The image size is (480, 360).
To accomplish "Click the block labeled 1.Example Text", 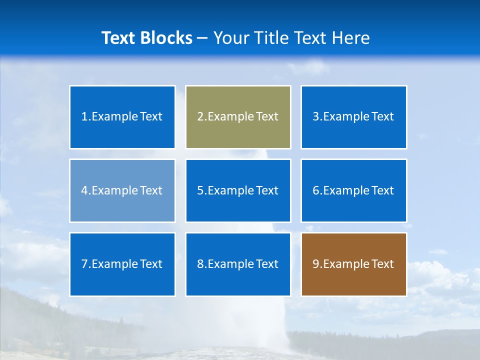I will tap(122, 117).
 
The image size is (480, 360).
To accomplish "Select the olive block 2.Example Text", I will tap(238, 117).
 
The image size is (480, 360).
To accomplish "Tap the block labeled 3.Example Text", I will tap(353, 117).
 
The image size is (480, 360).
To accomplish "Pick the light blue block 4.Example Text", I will tap(122, 190).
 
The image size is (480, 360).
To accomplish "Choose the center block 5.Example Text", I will tap(238, 190).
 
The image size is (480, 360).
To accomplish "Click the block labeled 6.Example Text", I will tap(353, 190).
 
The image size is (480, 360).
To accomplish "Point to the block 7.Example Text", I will tap(122, 264).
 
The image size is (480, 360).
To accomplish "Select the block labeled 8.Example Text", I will tap(238, 264).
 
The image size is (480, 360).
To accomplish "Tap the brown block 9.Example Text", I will tap(353, 264).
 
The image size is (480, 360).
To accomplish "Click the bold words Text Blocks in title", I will tap(146, 38).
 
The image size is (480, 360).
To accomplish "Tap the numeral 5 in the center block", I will tap(200, 190).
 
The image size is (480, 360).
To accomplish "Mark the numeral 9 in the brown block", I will tap(316, 264).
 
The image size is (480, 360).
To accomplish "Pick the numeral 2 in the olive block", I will tap(200, 117).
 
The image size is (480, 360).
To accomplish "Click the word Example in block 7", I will tap(114, 264).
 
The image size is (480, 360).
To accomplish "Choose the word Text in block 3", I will tap(382, 117).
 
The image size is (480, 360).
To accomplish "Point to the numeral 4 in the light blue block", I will tap(84, 190).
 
